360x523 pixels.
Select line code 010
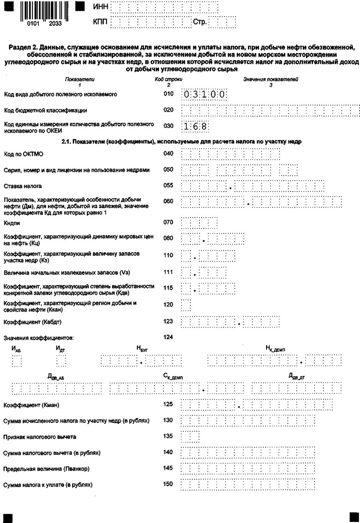(x=169, y=94)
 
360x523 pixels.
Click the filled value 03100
(x=203, y=94)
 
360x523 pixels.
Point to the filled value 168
(x=194, y=126)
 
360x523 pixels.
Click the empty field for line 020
(x=270, y=110)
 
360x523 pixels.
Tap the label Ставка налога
(x=23, y=186)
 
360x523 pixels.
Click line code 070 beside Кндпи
(x=169, y=222)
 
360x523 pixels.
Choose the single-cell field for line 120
(x=186, y=305)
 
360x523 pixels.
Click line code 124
(x=169, y=337)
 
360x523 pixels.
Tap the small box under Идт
(x=61, y=361)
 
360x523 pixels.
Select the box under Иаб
(x=17, y=361)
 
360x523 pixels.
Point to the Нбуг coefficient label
(x=142, y=349)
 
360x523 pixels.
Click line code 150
(x=169, y=484)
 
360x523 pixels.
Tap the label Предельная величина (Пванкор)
(x=46, y=468)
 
